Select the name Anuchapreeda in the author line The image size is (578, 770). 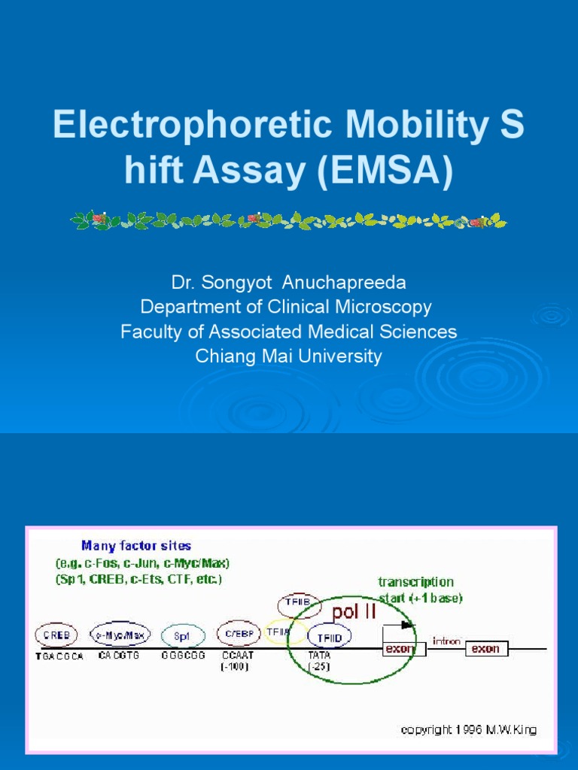point(343,283)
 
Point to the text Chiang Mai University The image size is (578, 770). point(288,356)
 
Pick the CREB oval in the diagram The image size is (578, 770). point(56,635)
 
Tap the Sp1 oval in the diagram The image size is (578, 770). point(183,635)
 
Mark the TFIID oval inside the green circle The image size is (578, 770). point(330,637)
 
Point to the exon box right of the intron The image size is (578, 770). point(487,648)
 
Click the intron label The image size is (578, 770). point(446,641)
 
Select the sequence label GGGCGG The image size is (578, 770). point(183,656)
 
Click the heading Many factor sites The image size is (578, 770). point(136,546)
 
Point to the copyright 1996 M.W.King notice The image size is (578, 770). point(468,730)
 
